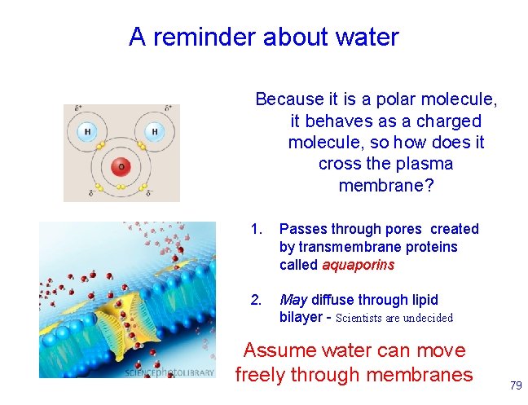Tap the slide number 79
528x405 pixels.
(x=515, y=384)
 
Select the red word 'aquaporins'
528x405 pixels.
(x=359, y=265)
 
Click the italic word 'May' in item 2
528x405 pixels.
(x=293, y=300)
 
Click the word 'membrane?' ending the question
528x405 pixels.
(x=385, y=186)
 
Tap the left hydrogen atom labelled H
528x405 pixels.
(x=87, y=131)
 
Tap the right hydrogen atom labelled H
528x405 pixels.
(x=154, y=131)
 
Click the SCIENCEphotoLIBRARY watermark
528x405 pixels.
(x=169, y=372)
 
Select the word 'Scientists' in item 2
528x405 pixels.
(x=363, y=318)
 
